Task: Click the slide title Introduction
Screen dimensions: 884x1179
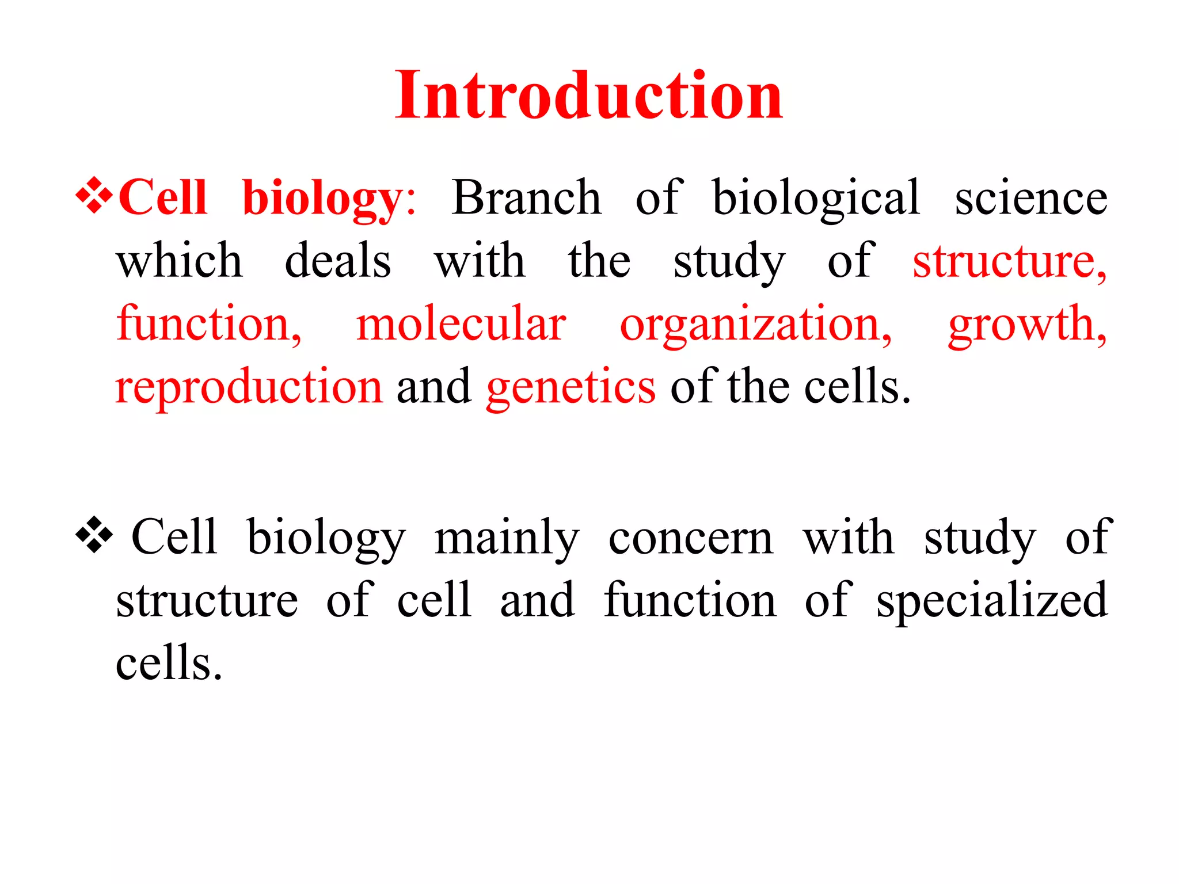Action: (x=588, y=94)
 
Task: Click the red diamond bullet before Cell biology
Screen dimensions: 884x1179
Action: (x=94, y=197)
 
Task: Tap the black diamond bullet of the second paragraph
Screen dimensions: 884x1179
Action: (x=94, y=536)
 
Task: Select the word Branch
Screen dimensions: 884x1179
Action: (x=526, y=197)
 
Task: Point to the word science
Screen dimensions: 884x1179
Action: (x=1030, y=197)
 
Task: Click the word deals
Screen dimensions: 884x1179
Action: (x=338, y=261)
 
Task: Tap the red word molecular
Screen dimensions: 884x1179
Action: (x=461, y=324)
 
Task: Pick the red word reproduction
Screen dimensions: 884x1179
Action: (x=249, y=387)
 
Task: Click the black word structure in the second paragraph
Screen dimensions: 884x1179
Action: (x=207, y=600)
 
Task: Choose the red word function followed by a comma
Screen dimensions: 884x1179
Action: (x=208, y=324)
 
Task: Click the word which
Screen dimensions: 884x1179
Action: (x=180, y=261)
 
